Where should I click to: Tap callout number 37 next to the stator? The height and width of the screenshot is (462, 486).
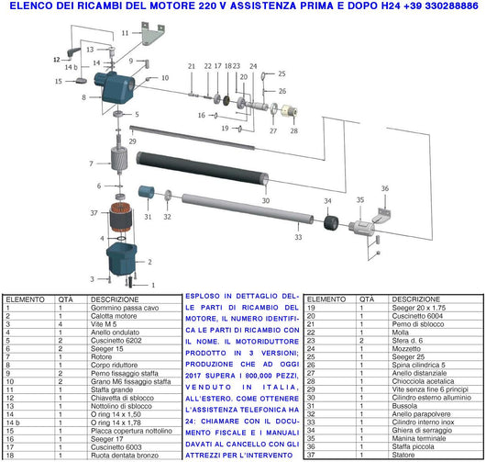click(x=94, y=212)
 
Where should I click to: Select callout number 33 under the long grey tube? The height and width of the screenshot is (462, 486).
click(x=297, y=237)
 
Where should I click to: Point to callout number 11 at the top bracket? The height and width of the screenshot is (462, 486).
click(x=125, y=32)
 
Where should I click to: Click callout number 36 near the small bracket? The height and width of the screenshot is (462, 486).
click(x=385, y=188)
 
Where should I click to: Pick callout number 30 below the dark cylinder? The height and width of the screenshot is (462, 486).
click(x=265, y=199)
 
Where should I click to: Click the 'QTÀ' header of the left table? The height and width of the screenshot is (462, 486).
click(x=66, y=299)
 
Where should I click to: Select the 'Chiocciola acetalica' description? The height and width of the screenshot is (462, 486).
click(x=372, y=380)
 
